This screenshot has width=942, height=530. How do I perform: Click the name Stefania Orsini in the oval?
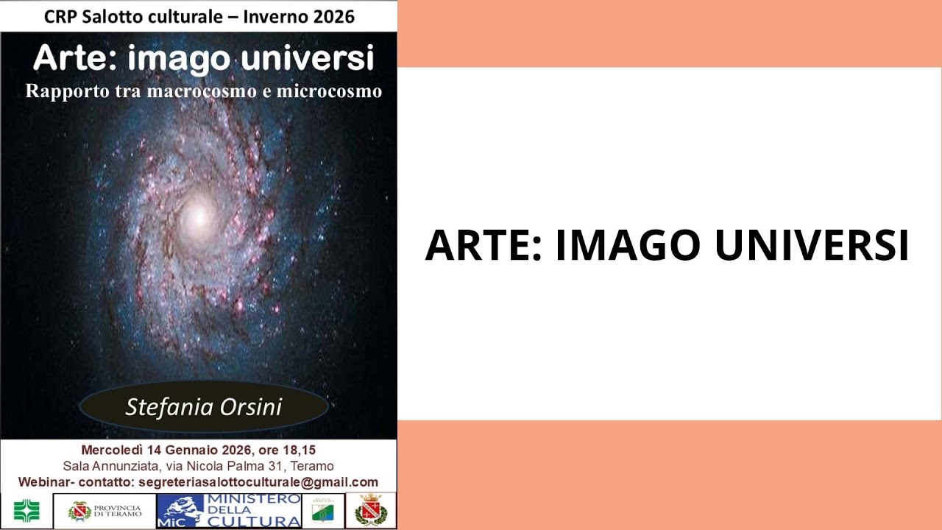tap(203, 407)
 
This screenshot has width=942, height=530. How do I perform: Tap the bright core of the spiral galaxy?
tap(196, 216)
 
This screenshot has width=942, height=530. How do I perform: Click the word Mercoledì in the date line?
tap(112, 450)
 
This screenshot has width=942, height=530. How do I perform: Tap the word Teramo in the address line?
tap(312, 466)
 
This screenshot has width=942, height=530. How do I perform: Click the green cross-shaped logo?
tap(27, 511)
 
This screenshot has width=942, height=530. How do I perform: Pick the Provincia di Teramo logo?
tap(105, 511)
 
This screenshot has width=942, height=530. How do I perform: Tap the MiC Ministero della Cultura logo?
tap(230, 511)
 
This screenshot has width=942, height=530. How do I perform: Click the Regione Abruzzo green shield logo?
tap(323, 511)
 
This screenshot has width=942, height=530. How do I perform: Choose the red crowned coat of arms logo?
tap(371, 510)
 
